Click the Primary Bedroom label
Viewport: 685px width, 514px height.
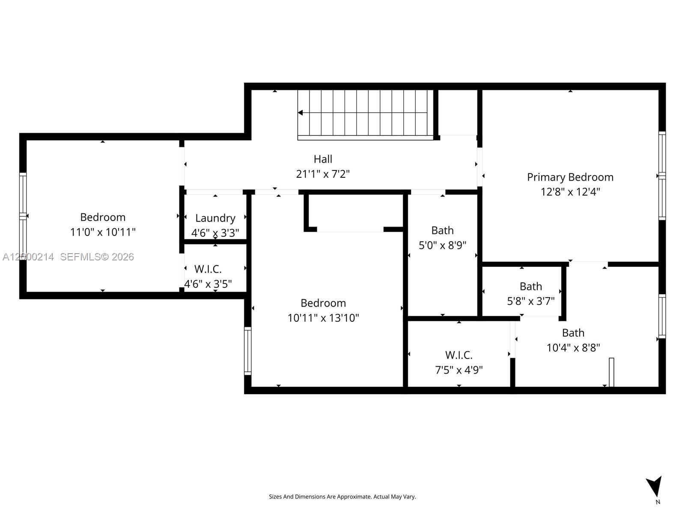(x=570, y=177)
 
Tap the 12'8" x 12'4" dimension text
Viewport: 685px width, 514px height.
(x=570, y=191)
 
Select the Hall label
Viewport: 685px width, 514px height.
(x=323, y=159)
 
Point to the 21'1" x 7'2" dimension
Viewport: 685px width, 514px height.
(x=323, y=174)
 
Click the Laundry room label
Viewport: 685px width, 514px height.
(x=215, y=218)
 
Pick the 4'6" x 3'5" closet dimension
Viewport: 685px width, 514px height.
(x=208, y=284)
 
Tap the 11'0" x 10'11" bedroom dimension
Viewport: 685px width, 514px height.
(x=103, y=232)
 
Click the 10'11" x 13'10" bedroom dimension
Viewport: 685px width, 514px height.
(x=323, y=318)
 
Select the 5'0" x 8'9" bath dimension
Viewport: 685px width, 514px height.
(x=442, y=245)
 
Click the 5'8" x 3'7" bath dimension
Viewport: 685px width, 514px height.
(x=530, y=301)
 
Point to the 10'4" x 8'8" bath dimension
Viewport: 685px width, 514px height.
(x=573, y=347)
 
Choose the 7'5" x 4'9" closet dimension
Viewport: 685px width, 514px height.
(x=459, y=370)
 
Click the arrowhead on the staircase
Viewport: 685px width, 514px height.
(x=301, y=113)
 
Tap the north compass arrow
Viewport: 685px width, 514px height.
(x=655, y=487)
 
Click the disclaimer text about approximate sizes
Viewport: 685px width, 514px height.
(x=342, y=496)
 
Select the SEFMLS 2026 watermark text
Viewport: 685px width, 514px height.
(x=97, y=257)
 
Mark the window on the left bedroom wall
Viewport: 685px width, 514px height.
(x=23, y=216)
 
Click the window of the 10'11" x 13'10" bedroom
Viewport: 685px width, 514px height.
(x=247, y=351)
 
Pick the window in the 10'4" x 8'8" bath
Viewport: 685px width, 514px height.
(x=662, y=316)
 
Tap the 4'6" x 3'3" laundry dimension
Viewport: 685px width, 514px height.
(x=215, y=233)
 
